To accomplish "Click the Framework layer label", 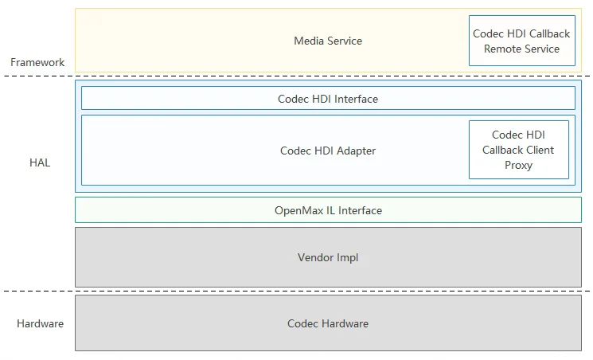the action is (37, 62).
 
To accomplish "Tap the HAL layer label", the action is (40, 162).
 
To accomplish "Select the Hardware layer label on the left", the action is (40, 323).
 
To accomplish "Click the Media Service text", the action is (328, 41).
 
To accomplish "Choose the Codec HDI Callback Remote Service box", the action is (522, 41).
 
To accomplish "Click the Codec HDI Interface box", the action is (328, 98).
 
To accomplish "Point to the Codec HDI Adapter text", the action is (328, 151).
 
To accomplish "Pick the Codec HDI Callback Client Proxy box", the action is (519, 150).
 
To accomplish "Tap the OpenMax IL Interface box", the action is (328, 209).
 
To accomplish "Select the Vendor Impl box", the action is (328, 257).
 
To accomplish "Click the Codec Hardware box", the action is (328, 323).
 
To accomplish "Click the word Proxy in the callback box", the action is (518, 166).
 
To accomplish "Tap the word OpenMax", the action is (299, 210).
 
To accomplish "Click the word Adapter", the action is (357, 151).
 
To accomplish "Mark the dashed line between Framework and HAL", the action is (296, 76).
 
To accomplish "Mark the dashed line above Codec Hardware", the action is (296, 291).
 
